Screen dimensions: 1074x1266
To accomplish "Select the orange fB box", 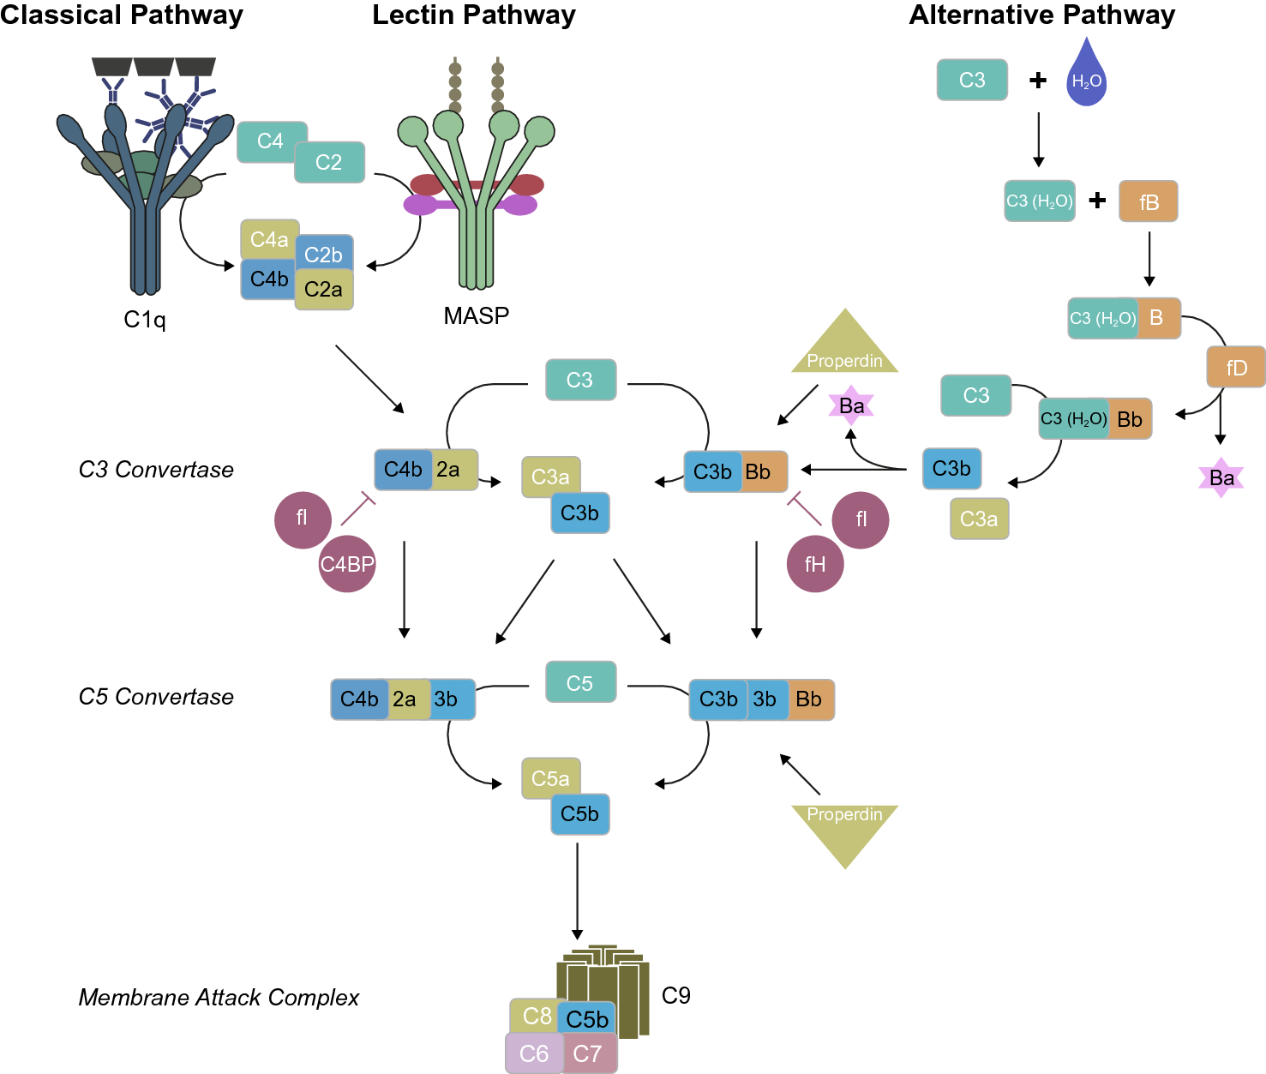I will [1149, 201].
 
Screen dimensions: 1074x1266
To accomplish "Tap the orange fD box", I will [1235, 367].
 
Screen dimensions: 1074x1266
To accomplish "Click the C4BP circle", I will [347, 564].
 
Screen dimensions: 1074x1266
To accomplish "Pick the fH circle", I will [815, 564].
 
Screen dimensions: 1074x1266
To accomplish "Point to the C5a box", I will [550, 778].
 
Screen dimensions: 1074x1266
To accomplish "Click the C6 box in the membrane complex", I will [534, 1053].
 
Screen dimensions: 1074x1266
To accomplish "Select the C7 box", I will [588, 1053].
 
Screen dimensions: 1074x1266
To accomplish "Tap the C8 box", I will [537, 1016].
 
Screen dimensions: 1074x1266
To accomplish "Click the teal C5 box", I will [580, 682].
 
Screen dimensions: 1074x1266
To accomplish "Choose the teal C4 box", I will [270, 141].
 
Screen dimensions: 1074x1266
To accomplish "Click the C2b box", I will [324, 254].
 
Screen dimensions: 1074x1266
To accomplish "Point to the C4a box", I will [269, 239].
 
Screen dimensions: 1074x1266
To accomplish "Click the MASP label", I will [477, 316].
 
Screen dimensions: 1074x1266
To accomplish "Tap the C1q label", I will [145, 320].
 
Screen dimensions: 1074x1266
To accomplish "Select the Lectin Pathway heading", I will [474, 15].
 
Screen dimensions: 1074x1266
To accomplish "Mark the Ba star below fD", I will [1221, 477].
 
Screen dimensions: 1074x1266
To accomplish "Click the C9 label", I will [676, 995].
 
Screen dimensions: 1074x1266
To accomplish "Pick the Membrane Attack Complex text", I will [219, 998].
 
